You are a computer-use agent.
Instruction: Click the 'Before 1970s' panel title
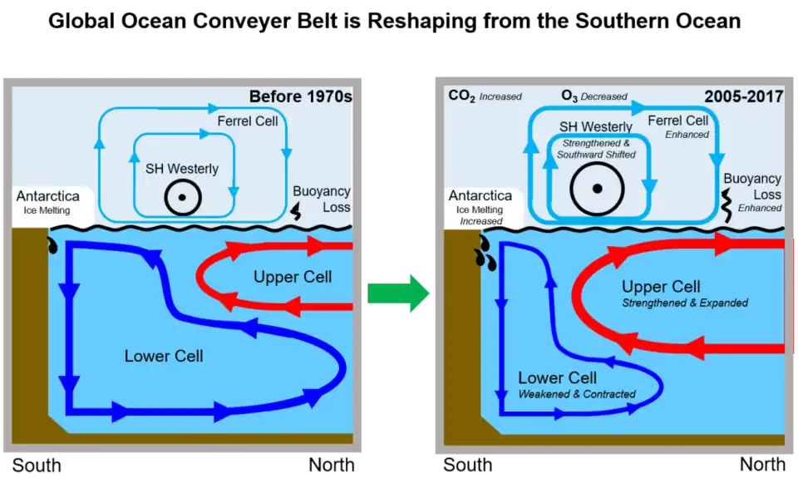pos(300,96)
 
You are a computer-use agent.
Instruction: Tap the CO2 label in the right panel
pos(462,96)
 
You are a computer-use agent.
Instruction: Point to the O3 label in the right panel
pos(569,96)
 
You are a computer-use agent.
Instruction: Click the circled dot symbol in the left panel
pos(182,199)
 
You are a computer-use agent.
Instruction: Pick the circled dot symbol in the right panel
pos(597,189)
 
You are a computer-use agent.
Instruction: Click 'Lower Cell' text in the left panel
pos(164,357)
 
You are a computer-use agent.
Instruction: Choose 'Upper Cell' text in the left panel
pos(293,277)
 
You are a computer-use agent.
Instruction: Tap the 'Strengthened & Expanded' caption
pos(685,303)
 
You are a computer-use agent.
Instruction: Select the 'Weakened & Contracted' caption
pos(577,394)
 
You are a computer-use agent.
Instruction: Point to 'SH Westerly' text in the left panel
pos(182,169)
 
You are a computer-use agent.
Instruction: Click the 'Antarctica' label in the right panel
pos(480,196)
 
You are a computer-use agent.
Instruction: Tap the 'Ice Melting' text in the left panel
pos(46,210)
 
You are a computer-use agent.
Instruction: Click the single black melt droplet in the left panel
pos(54,245)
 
